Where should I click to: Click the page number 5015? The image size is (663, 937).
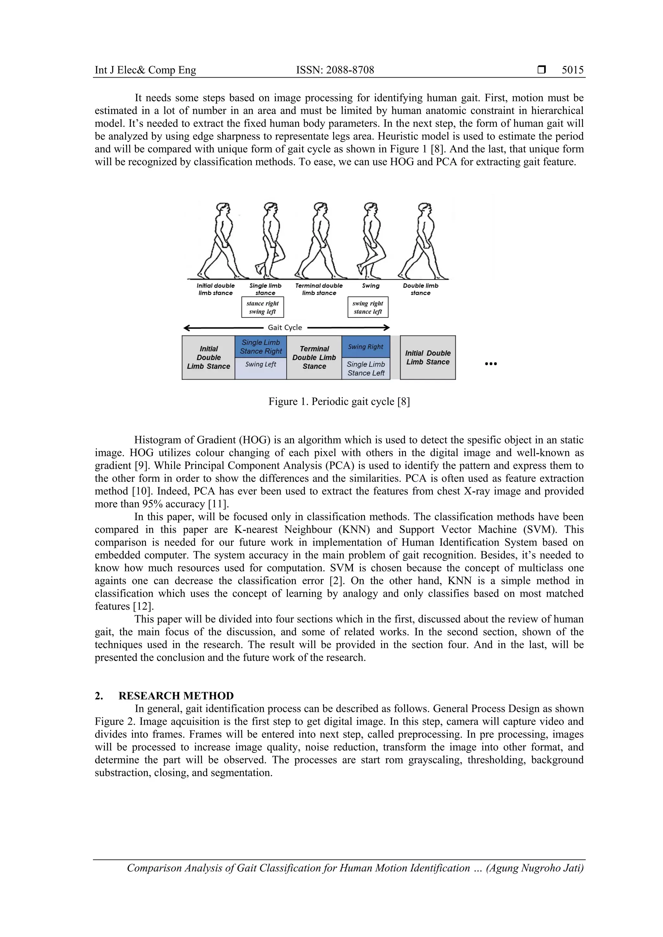click(x=572, y=70)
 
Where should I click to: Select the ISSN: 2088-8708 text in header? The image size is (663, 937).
click(x=335, y=70)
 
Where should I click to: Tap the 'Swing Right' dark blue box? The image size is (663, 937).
click(x=365, y=347)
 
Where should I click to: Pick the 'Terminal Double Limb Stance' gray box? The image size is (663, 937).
click(x=314, y=358)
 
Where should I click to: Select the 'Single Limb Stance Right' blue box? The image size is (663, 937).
click(x=261, y=347)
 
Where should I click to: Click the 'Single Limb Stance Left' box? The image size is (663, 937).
click(x=365, y=369)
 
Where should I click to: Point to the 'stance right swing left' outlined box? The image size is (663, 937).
click(x=263, y=307)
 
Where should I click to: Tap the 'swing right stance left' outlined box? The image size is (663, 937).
click(x=368, y=307)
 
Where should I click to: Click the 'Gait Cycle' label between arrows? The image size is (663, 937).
click(x=285, y=327)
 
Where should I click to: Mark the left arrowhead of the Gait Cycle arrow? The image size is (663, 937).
click(x=186, y=327)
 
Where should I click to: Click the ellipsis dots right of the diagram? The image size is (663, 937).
click(x=490, y=364)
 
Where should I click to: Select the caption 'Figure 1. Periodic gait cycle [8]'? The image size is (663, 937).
click(x=339, y=402)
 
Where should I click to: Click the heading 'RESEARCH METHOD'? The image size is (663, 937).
click(x=176, y=696)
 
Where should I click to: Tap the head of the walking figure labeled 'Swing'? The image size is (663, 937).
click(x=370, y=208)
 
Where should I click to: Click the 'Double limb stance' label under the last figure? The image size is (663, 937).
click(x=421, y=289)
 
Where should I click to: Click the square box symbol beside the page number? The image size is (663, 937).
click(x=541, y=70)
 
